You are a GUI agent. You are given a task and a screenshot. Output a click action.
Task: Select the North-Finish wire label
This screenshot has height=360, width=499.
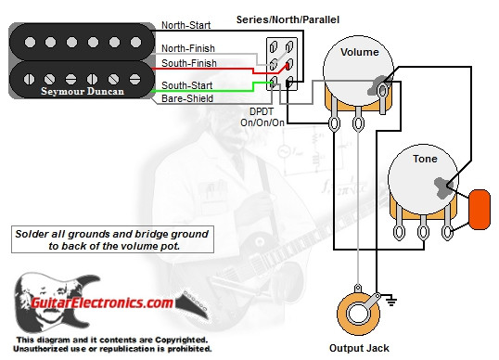click(188, 48)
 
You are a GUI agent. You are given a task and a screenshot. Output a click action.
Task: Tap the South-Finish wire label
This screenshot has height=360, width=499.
click(188, 62)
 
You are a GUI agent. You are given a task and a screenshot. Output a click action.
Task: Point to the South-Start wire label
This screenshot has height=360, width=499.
click(186, 84)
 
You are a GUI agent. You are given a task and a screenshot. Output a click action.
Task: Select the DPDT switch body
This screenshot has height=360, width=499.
click(280, 64)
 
